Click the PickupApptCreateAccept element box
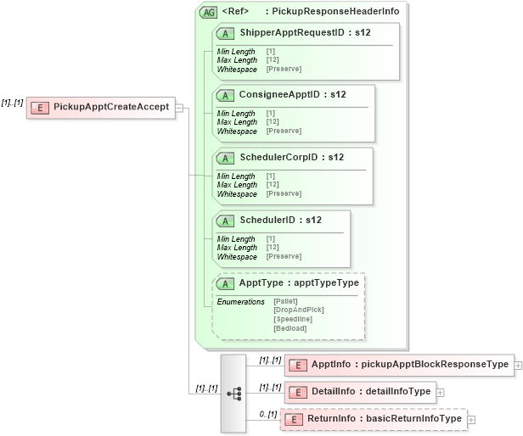101,107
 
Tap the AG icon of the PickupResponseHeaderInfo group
207,12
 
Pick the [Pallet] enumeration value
286,301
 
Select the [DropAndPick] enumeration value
298,310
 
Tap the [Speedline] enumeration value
293,319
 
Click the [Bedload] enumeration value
290,328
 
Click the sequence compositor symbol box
233,393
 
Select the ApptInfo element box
398,365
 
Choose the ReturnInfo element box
374,419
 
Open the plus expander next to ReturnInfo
471,419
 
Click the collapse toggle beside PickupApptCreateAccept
180,107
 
